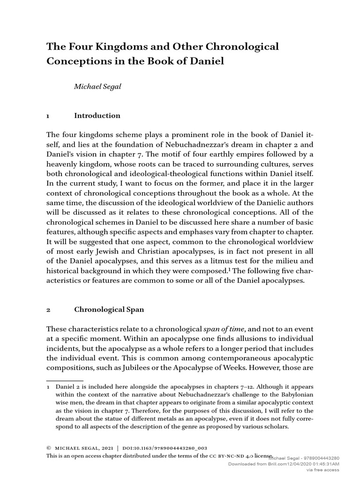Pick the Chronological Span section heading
109,309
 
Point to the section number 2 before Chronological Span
48,310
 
